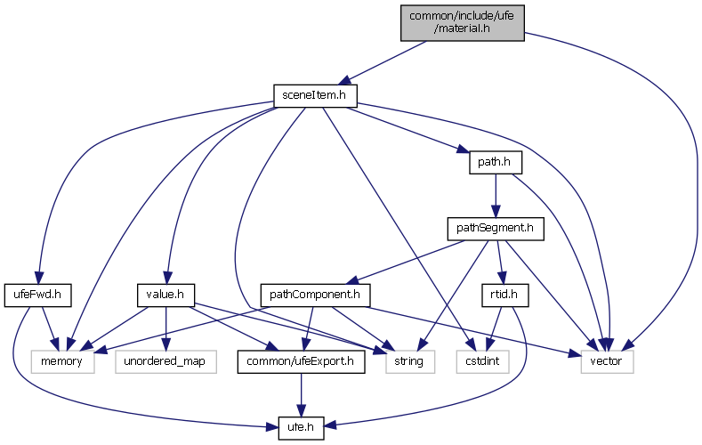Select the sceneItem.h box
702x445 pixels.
click(x=308, y=93)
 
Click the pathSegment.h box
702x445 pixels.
click(x=494, y=228)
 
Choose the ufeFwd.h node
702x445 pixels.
click(x=36, y=293)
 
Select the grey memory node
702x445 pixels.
click(x=62, y=361)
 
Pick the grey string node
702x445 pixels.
click(x=410, y=361)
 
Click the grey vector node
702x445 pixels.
click(x=608, y=361)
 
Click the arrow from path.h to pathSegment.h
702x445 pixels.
click(x=494, y=195)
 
